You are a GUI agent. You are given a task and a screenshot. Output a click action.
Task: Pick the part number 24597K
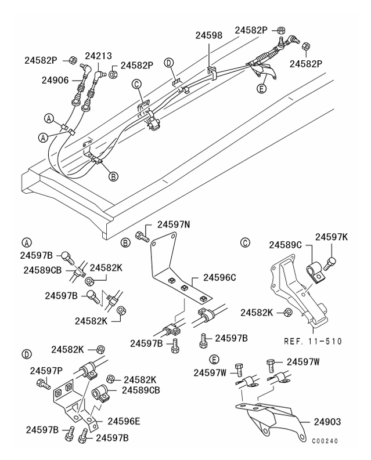pos(331,237)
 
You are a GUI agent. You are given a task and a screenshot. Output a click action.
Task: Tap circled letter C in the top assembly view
pos(137,85)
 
